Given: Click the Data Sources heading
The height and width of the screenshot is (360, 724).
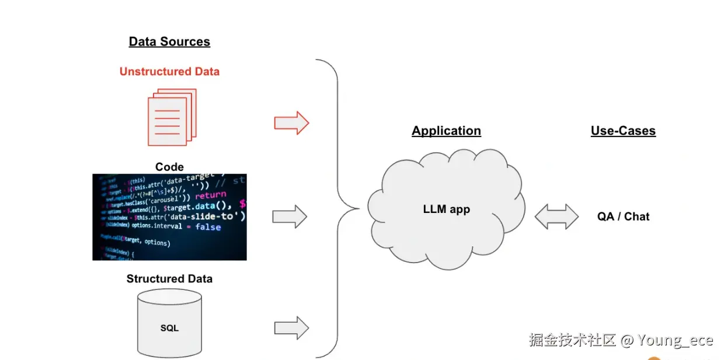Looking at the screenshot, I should tap(169, 41).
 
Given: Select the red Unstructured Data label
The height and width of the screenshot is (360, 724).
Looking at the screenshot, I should tap(169, 72).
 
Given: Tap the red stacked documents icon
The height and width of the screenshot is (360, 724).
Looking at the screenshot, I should tap(172, 117).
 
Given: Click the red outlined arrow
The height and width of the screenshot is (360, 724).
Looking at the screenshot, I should tap(291, 123).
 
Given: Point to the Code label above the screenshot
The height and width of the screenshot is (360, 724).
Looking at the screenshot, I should tap(169, 167).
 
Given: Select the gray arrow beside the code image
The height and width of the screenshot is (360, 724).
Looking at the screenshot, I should tap(290, 216).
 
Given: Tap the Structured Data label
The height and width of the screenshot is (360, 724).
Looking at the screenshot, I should tap(169, 279).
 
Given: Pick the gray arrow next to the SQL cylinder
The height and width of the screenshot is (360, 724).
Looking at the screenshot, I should tap(291, 327).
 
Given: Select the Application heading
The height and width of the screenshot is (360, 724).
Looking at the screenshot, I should tap(446, 131).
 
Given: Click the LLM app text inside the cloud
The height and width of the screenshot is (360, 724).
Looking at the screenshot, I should tap(446, 209).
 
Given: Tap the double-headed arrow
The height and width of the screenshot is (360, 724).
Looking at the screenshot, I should tap(556, 216).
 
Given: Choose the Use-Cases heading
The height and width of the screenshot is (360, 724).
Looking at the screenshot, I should tap(623, 131).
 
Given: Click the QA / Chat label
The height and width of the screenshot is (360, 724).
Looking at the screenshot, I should tap(623, 216).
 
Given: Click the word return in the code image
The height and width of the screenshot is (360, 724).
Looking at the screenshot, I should tap(210, 195).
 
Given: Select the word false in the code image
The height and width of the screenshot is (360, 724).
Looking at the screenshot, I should tap(208, 226).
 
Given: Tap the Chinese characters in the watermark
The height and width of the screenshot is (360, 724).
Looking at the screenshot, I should tap(572, 340).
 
